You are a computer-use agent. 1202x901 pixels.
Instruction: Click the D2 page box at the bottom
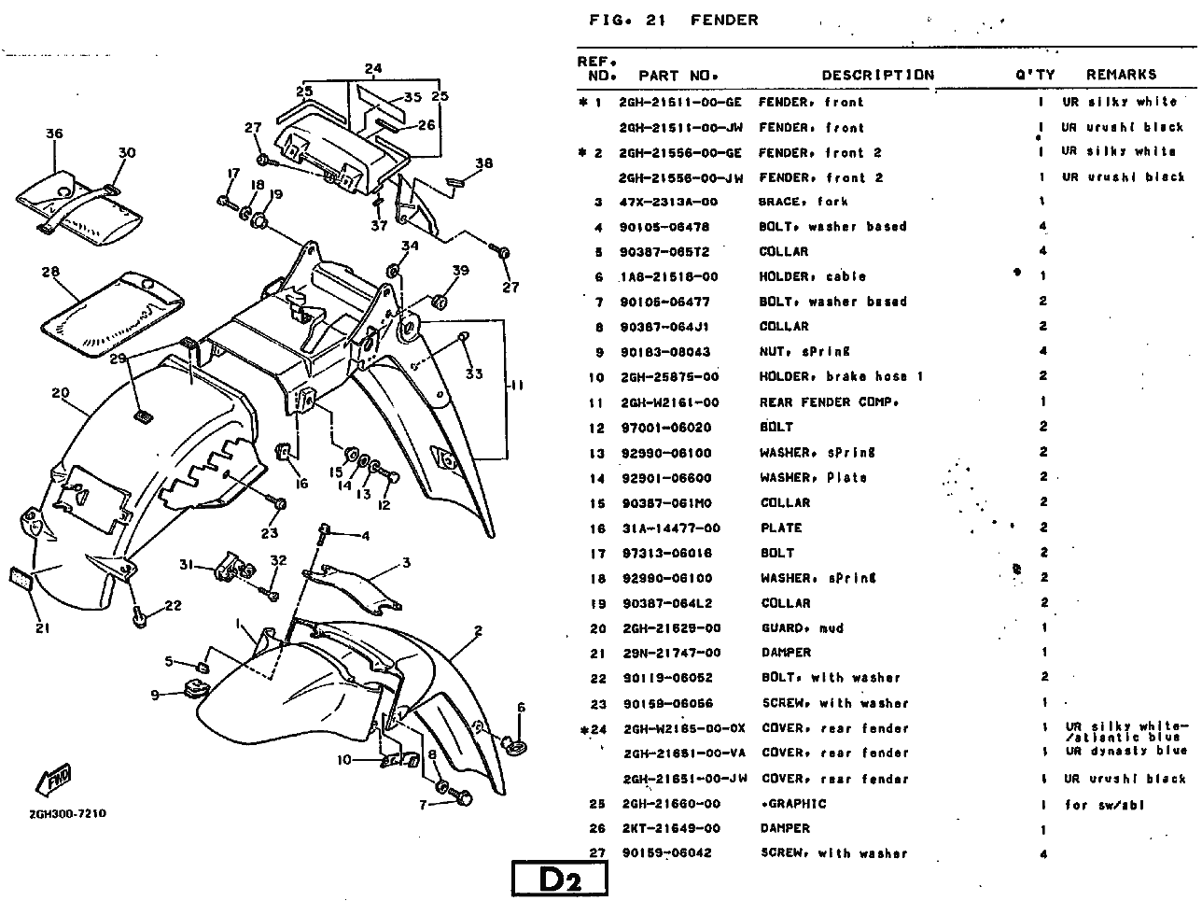pyautogui.click(x=560, y=880)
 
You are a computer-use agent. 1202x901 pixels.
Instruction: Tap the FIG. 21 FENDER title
pyautogui.click(x=673, y=20)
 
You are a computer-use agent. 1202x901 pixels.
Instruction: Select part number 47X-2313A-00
pyautogui.click(x=668, y=202)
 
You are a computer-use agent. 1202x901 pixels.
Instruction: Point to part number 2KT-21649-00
pyautogui.click(x=669, y=828)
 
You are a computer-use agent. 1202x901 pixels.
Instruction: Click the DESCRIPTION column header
pyautogui.click(x=877, y=75)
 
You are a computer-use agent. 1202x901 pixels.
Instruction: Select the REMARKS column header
pyautogui.click(x=1121, y=74)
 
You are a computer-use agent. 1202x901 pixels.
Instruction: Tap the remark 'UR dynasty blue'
pyautogui.click(x=1125, y=751)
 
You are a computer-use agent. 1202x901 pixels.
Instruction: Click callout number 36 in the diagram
pyautogui.click(x=54, y=134)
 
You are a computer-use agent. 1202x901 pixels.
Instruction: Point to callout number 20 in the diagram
pyautogui.click(x=61, y=393)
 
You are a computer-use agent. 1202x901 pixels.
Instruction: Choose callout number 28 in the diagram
pyautogui.click(x=50, y=273)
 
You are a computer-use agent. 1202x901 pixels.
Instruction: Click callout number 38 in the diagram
pyautogui.click(x=483, y=163)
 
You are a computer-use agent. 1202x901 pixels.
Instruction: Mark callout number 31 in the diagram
pyautogui.click(x=186, y=564)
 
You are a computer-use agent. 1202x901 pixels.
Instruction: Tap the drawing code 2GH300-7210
pyautogui.click(x=67, y=813)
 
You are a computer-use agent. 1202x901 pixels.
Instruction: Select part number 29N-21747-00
pyautogui.click(x=670, y=653)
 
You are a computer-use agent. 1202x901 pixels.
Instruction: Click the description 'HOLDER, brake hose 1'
pyautogui.click(x=841, y=377)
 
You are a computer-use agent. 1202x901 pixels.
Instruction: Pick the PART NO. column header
pyautogui.click(x=678, y=75)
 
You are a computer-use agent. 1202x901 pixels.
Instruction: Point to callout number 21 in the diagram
pyautogui.click(x=42, y=627)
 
